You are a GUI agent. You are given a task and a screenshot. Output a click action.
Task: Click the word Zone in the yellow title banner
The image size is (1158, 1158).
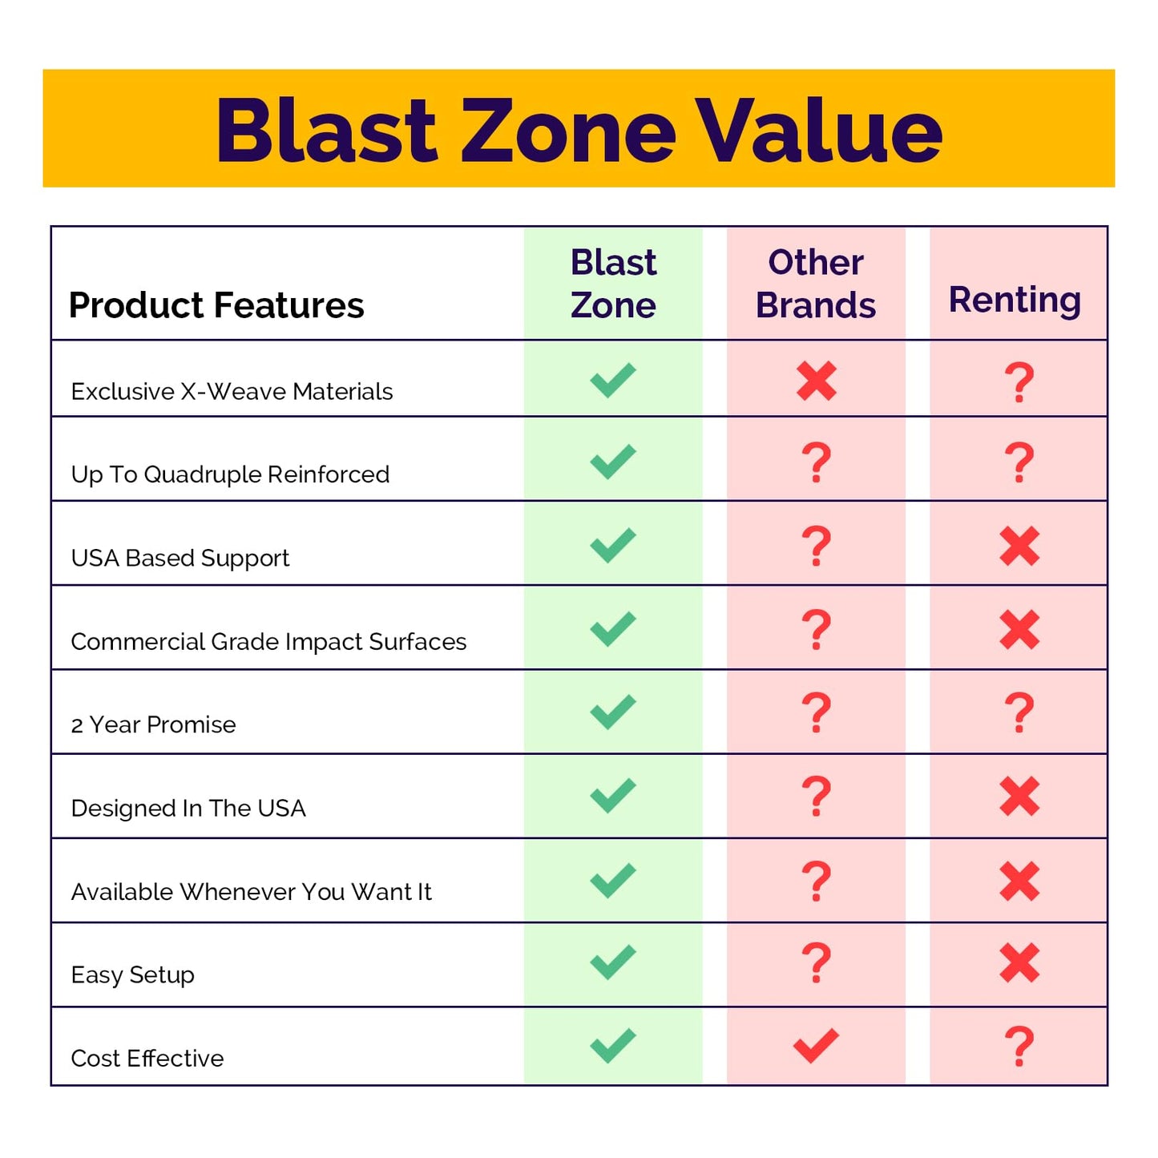(x=568, y=131)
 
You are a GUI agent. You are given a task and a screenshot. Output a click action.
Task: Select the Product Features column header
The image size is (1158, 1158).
(x=216, y=305)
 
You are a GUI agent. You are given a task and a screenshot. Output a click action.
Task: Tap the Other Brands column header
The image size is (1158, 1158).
(x=816, y=284)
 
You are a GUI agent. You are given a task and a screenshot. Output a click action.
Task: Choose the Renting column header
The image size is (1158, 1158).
(x=1015, y=300)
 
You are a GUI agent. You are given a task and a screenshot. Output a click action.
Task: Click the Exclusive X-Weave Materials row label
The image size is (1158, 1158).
(x=232, y=391)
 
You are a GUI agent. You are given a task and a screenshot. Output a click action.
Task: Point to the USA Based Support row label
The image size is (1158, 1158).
(x=180, y=558)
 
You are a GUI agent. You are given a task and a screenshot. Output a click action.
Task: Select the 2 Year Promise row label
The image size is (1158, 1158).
(x=153, y=724)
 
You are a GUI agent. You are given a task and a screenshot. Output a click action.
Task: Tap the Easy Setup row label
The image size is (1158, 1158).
(x=133, y=974)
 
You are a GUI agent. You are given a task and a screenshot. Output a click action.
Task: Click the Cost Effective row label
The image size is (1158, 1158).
(x=147, y=1058)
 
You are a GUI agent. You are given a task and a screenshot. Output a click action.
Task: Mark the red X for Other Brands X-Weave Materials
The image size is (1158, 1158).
(x=817, y=381)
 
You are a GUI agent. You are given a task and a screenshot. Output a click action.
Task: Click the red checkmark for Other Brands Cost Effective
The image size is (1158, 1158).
(x=816, y=1045)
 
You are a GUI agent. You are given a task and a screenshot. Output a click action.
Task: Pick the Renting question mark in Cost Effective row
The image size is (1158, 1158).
(x=1019, y=1046)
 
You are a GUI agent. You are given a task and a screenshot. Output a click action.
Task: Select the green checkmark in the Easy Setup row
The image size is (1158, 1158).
(x=613, y=962)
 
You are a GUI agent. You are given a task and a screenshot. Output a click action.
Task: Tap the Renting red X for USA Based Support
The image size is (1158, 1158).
(x=1019, y=547)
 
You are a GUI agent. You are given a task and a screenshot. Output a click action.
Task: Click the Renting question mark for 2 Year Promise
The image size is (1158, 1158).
(x=1019, y=712)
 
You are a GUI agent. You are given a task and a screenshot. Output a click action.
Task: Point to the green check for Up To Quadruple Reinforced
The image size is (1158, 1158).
(x=613, y=462)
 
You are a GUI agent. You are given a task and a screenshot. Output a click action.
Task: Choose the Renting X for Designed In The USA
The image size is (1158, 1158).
(x=1019, y=797)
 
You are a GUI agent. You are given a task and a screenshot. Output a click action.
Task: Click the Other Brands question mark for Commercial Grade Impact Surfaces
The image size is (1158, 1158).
(x=817, y=629)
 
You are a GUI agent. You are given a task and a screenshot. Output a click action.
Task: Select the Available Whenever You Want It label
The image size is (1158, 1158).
(x=251, y=891)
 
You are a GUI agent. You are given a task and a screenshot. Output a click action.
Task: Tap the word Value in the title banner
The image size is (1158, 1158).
(x=818, y=131)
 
